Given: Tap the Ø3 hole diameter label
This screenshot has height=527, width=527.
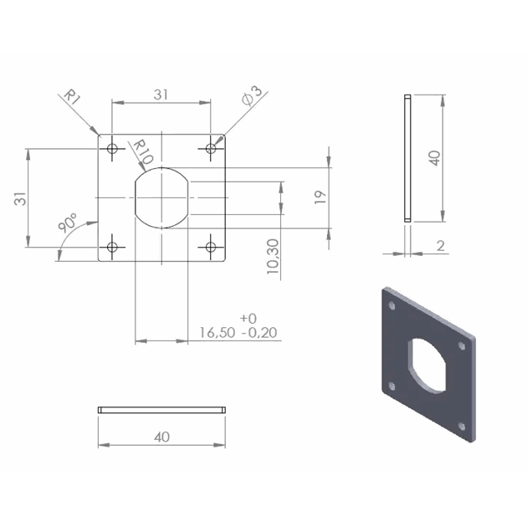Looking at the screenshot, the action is (252, 96).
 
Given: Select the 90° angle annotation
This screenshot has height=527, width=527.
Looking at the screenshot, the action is (68, 223).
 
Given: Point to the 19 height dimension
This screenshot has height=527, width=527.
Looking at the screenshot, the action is (320, 197).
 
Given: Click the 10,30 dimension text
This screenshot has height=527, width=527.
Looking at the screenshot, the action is (273, 257).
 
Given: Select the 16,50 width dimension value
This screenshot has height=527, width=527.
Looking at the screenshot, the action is (217, 333).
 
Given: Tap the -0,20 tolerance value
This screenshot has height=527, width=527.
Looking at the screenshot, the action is (259, 333).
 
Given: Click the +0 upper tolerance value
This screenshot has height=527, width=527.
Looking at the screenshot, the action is (248, 318).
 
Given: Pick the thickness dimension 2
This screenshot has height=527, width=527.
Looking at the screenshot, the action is (441, 246).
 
